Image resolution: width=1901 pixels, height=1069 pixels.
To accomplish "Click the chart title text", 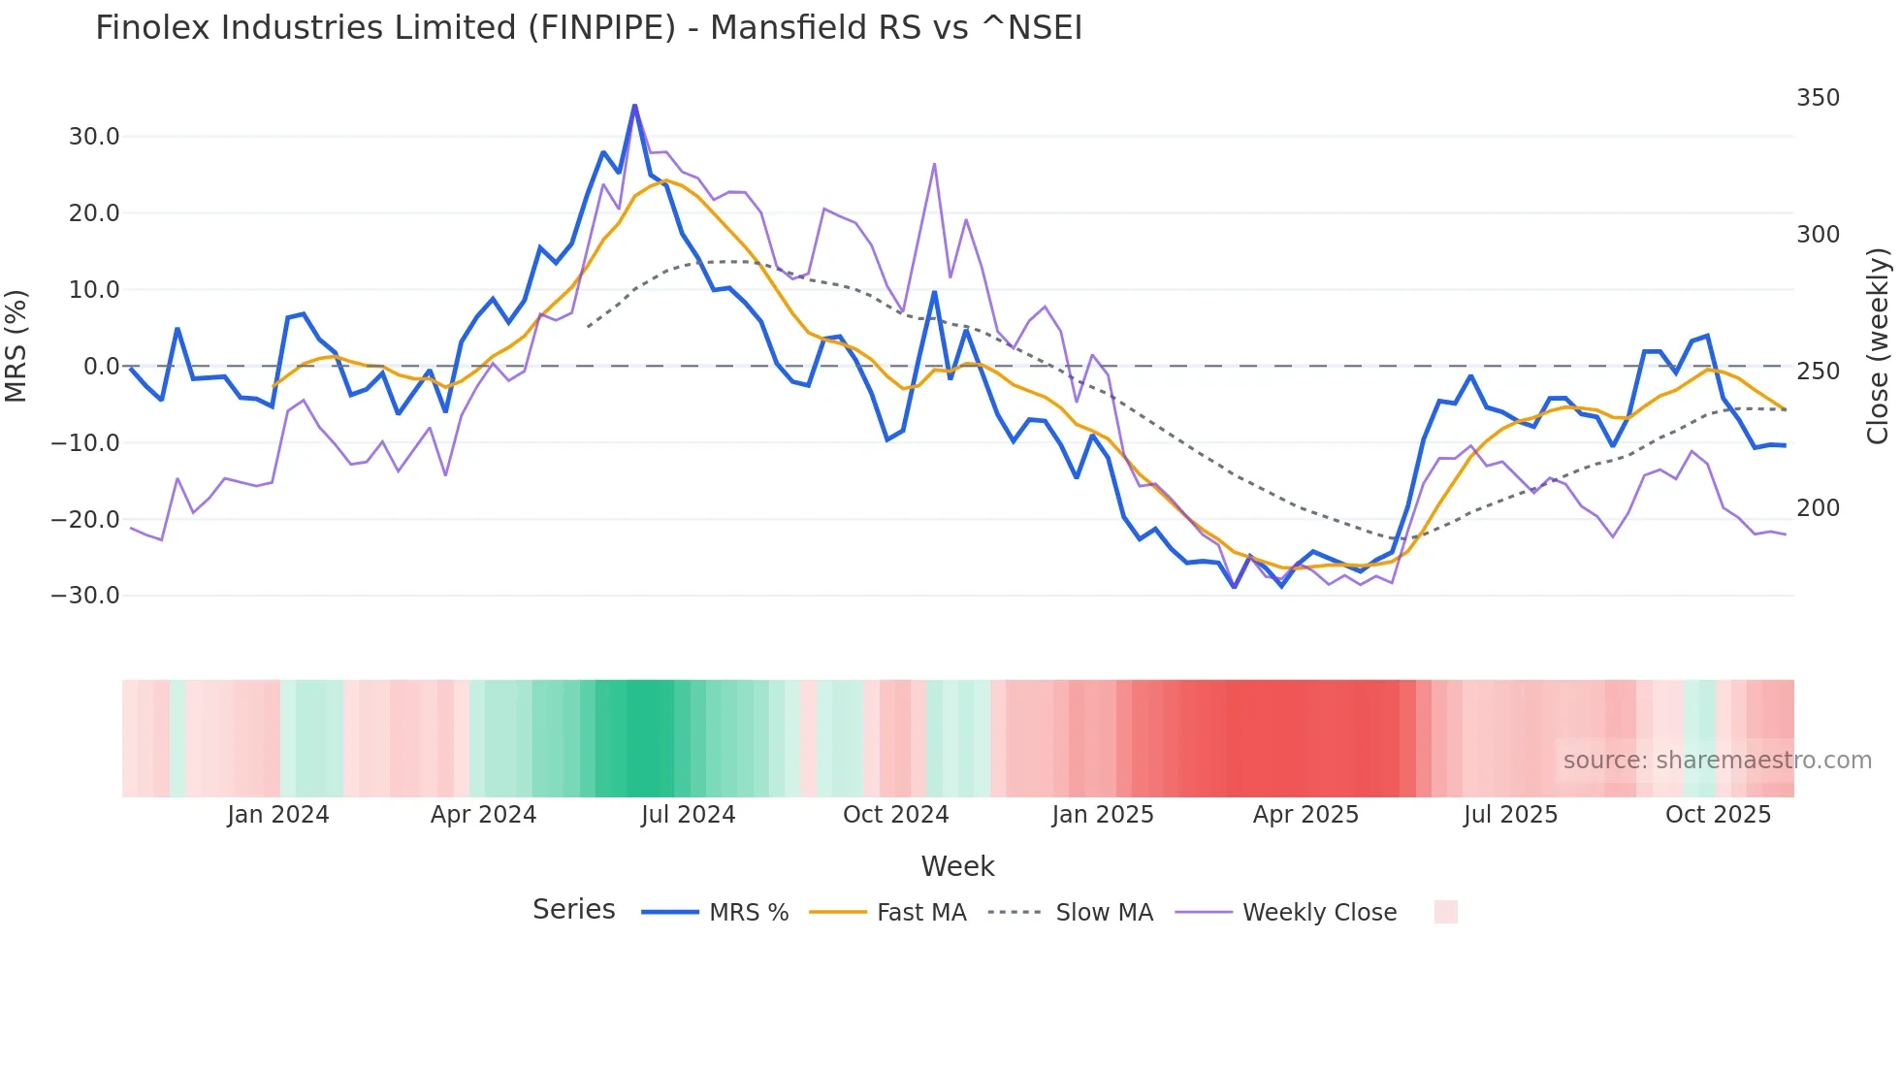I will pyautogui.click(x=588, y=28).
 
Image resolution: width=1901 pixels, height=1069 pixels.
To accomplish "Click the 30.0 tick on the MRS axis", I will pyautogui.click(x=94, y=137).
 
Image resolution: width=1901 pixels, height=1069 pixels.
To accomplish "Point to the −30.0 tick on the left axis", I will pyautogui.click(x=85, y=596).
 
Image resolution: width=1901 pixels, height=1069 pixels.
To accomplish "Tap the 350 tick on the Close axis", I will pyautogui.click(x=1818, y=98).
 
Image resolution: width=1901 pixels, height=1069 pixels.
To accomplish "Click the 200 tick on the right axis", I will pyautogui.click(x=1818, y=508).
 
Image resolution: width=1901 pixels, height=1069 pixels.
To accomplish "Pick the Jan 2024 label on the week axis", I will pyautogui.click(x=277, y=815).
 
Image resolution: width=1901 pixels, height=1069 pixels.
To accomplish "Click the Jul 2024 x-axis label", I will pyautogui.click(x=688, y=815).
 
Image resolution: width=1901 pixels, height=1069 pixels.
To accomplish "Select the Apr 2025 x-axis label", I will pyautogui.click(x=1305, y=815).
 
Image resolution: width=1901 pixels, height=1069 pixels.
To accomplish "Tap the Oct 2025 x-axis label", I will pyautogui.click(x=1718, y=815).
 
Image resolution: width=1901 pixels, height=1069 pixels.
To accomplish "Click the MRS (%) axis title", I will pyautogui.click(x=16, y=345).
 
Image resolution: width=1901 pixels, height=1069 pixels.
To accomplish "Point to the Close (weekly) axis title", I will pyautogui.click(x=1878, y=346).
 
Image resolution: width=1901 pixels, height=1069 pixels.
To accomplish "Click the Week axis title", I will pyautogui.click(x=957, y=866).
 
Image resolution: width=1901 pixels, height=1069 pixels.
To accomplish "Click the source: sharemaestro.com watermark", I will pyautogui.click(x=1717, y=761).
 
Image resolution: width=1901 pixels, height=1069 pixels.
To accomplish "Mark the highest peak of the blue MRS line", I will pyautogui.click(x=634, y=106).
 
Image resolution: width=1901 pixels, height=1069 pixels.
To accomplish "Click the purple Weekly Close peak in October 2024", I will pyautogui.click(x=934, y=164).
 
